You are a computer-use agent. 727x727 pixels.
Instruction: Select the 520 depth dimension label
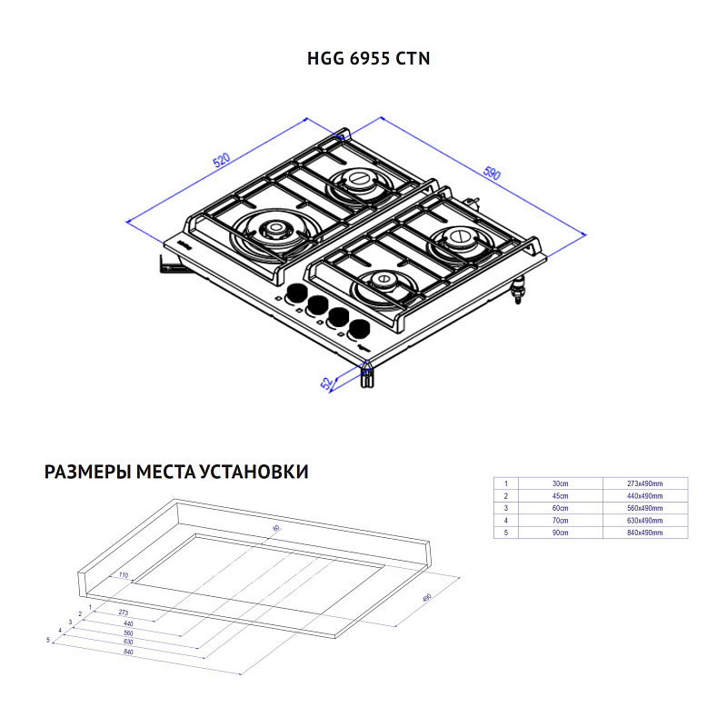click(221, 162)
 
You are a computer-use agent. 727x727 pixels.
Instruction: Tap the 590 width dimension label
click(492, 174)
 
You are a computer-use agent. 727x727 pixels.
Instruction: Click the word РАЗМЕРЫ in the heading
click(86, 473)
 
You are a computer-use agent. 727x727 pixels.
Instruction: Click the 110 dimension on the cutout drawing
click(124, 576)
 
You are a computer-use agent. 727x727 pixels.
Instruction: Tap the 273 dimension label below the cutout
click(124, 613)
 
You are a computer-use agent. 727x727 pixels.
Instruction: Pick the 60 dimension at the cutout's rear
click(276, 527)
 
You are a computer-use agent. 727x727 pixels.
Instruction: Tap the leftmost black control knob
click(296, 294)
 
